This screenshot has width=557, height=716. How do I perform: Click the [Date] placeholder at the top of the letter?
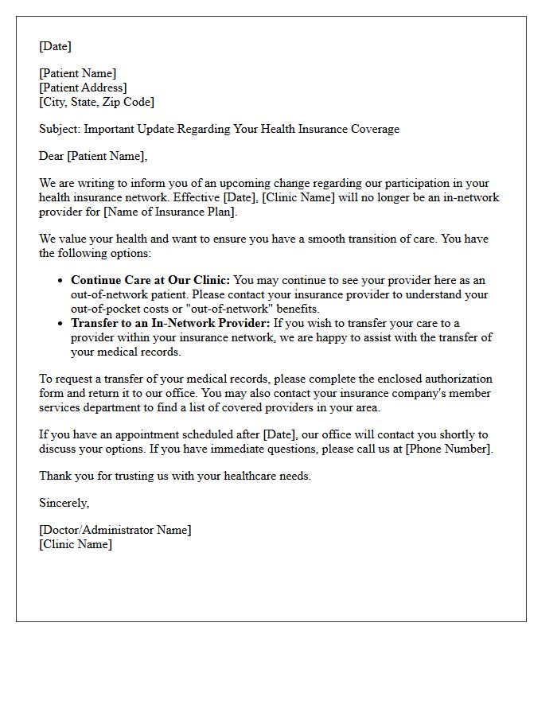coord(55,46)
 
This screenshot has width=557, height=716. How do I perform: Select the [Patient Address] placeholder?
coord(83,88)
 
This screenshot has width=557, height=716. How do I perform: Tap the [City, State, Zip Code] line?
coord(96,102)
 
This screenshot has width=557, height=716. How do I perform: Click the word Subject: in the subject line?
coord(60,129)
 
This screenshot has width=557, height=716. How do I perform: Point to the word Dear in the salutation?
coord(52,156)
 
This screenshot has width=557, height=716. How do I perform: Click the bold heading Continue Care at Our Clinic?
coord(150,280)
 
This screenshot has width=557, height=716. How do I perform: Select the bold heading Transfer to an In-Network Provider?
coord(170,323)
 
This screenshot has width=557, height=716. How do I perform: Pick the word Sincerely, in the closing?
coord(64,503)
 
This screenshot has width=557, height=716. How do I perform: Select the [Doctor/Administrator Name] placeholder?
coord(115,530)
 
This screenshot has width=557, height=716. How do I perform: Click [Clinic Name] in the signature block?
coord(76,544)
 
